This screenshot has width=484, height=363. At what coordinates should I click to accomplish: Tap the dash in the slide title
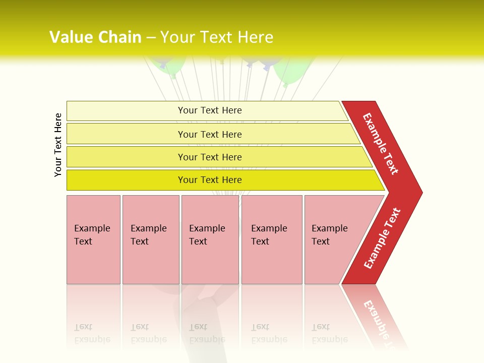151,38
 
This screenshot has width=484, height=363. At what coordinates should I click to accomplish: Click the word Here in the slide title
255,37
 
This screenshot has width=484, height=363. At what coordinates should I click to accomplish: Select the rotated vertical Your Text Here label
58,145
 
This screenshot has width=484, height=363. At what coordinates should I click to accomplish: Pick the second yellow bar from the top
210,134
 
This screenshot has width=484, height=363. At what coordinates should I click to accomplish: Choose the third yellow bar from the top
210,157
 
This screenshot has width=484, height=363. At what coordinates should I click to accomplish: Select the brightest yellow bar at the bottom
210,180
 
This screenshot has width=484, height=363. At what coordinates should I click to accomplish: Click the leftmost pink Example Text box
93,239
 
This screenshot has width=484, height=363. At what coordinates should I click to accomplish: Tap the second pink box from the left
150,239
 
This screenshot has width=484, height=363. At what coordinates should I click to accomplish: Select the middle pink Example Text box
210,239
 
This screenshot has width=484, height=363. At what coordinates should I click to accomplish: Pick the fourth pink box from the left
271,239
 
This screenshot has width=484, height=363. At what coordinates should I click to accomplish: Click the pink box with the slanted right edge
333,239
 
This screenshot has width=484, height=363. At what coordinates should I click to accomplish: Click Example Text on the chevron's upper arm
381,144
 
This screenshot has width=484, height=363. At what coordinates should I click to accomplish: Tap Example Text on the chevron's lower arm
382,238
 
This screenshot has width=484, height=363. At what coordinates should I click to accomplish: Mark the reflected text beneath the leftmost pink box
92,333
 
